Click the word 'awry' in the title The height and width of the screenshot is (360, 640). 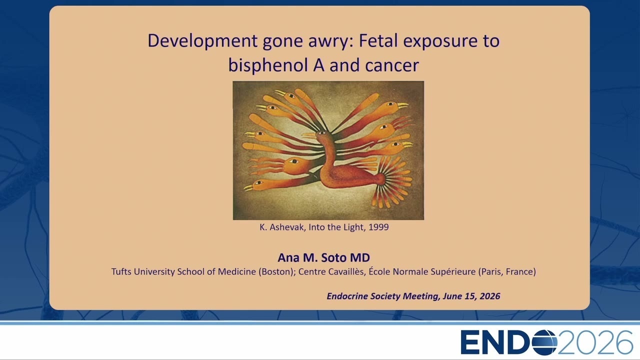331,41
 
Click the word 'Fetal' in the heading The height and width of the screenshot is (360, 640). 378,40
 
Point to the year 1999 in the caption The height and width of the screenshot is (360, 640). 378,227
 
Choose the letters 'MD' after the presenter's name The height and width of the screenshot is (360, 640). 360,257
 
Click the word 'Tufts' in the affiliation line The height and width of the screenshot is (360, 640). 121,271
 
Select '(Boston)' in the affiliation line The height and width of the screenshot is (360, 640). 277,271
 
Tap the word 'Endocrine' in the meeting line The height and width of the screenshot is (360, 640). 347,296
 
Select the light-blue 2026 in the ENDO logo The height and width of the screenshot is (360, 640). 595,342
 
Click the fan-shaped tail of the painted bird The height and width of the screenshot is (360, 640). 393,181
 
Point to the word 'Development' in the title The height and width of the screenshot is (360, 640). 202,41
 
